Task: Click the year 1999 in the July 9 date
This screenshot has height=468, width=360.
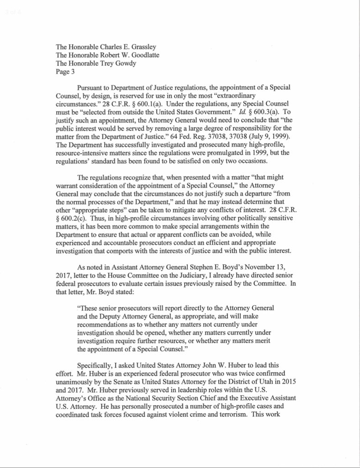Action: click(275, 136)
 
